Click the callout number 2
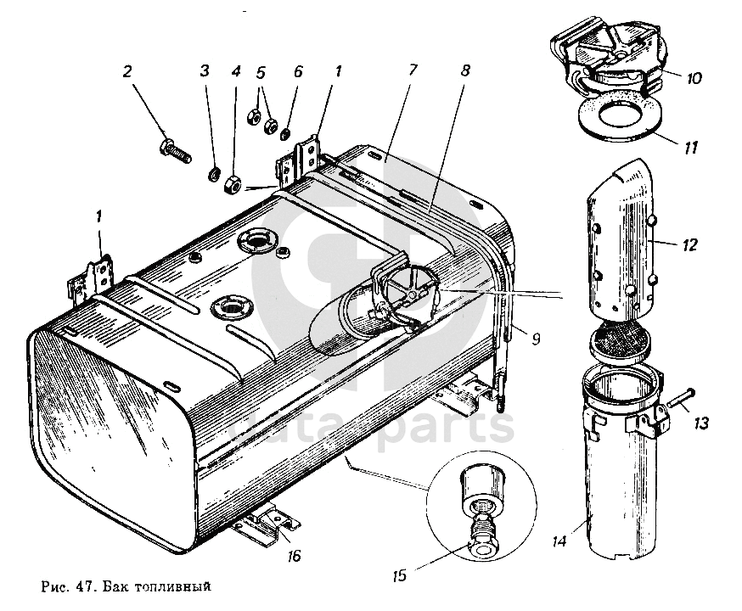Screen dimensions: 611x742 point(127,71)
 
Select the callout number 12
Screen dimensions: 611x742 point(689,246)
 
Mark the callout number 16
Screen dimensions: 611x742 point(294,558)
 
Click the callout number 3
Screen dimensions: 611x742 point(205,71)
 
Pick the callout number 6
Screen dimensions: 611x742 point(297,71)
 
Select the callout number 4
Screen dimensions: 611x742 point(235,71)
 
